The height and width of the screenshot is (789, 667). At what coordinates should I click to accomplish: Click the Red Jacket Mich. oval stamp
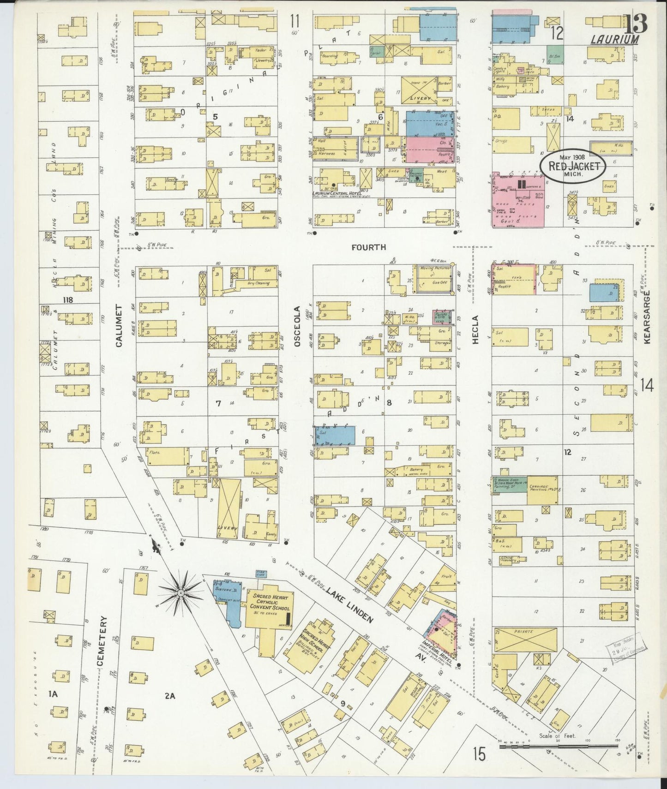pos(573,167)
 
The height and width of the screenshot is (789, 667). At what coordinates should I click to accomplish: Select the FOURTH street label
pos(368,248)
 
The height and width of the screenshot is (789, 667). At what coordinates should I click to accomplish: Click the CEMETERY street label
pos(102,641)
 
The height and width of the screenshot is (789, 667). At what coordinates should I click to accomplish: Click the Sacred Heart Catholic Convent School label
pos(270,602)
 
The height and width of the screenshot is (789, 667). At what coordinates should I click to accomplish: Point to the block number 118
pos(68,300)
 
